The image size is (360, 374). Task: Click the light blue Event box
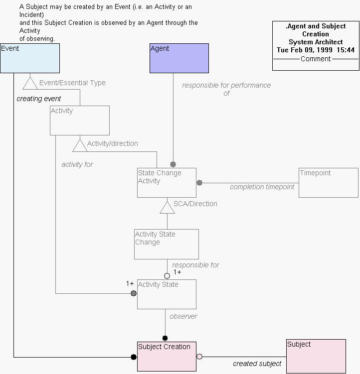pos(30,58)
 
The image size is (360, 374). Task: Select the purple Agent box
pos(179,58)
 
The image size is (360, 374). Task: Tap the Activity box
pos(80,120)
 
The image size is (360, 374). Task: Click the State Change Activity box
pos(167,183)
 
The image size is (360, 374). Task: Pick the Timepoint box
pos(328,183)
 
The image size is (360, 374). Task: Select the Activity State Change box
pos(166,244)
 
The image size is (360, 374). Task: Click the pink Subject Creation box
pos(167,356)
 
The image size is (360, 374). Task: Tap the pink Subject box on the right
pos(316,356)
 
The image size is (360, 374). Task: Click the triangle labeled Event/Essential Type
pos(30,83)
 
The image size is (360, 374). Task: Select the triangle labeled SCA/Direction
pos(167,207)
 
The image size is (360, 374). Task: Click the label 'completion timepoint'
pos(262,187)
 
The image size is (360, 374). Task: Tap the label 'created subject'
pos(257,364)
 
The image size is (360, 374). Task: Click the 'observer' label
pos(183,316)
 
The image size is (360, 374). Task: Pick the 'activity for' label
pos(77,164)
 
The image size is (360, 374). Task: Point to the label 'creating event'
pos(39,99)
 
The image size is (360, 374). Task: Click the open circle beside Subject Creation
pos(199,357)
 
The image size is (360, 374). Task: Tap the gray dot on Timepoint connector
pos(199,183)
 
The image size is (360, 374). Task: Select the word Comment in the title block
pos(316,59)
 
